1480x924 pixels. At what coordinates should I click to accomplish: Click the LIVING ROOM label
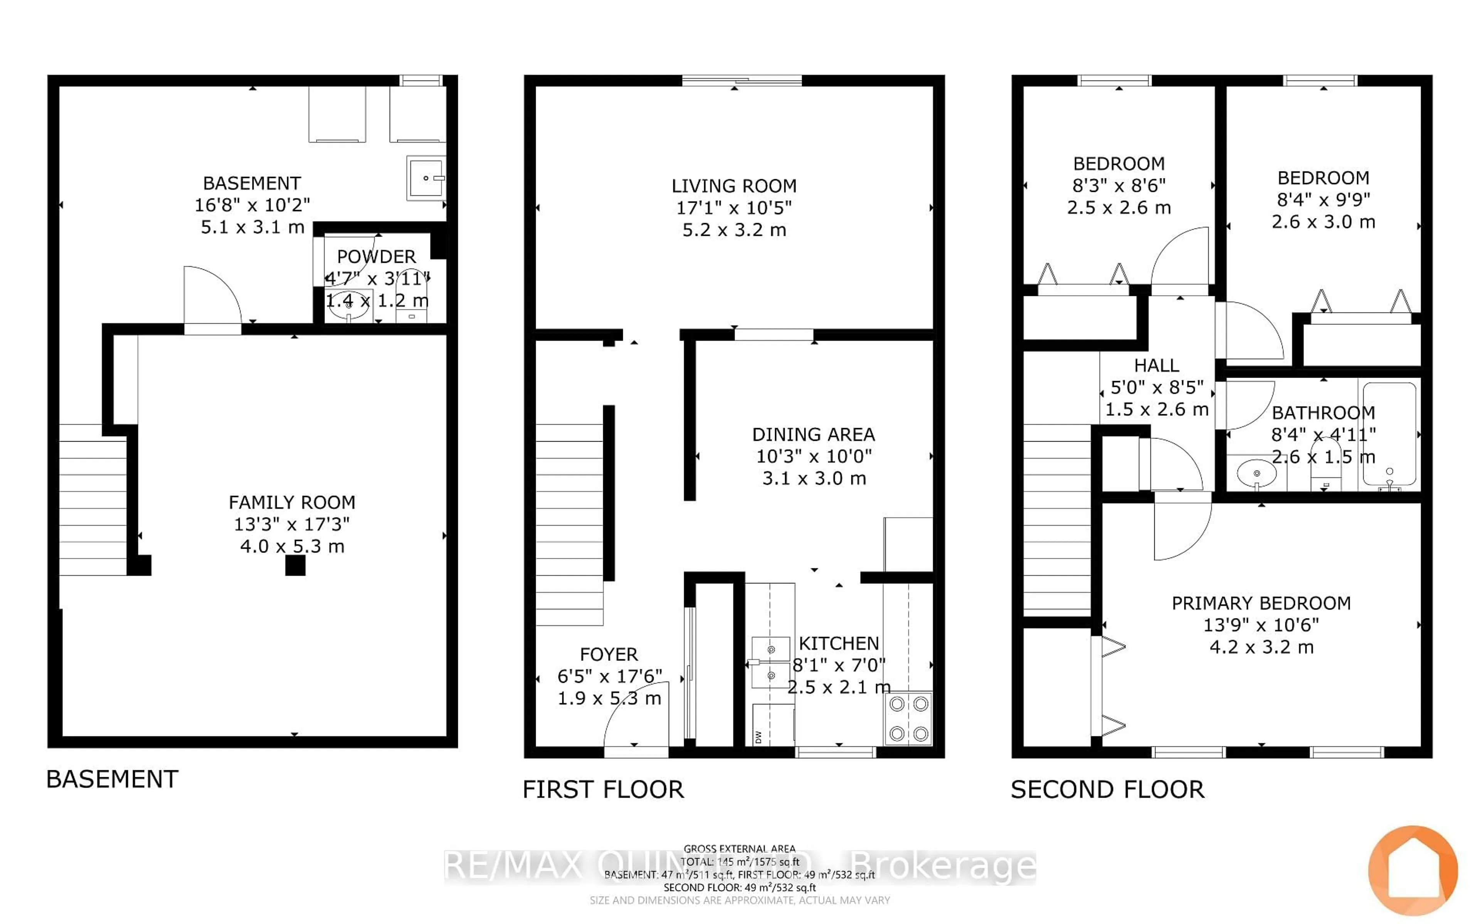(733, 186)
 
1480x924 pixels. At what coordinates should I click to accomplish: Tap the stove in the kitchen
(908, 719)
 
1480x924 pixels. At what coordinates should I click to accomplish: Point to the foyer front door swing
(636, 721)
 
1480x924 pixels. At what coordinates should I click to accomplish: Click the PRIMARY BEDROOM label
(1261, 603)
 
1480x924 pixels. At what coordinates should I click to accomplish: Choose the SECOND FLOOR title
(1107, 790)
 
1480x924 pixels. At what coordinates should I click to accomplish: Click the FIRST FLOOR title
(603, 790)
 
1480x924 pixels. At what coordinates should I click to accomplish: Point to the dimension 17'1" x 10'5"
(733, 208)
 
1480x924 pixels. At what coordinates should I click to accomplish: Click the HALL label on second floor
(1156, 365)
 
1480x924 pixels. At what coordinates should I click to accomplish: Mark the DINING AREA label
(813, 435)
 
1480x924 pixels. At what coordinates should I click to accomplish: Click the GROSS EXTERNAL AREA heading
(739, 849)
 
